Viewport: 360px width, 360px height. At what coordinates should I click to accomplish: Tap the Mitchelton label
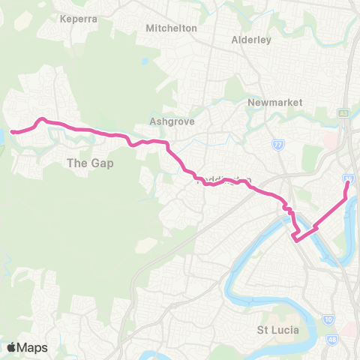pyautogui.click(x=172, y=28)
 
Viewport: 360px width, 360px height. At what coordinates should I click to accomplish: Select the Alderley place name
pyautogui.click(x=250, y=40)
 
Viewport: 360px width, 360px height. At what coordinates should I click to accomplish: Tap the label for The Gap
pyautogui.click(x=89, y=163)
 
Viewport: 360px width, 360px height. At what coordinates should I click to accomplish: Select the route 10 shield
pyautogui.click(x=329, y=321)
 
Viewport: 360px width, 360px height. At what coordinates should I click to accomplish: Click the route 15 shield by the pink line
pyautogui.click(x=349, y=179)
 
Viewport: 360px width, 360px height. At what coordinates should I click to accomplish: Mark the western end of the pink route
pyautogui.click(x=12, y=133)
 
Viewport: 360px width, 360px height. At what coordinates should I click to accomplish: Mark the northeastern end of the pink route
pyautogui.click(x=348, y=182)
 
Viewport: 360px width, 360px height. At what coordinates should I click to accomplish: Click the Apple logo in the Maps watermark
pyautogui.click(x=11, y=347)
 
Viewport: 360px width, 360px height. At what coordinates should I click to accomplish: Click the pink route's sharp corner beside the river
pyautogui.click(x=296, y=240)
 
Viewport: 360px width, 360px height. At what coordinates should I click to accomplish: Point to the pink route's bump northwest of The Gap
pyautogui.click(x=43, y=119)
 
